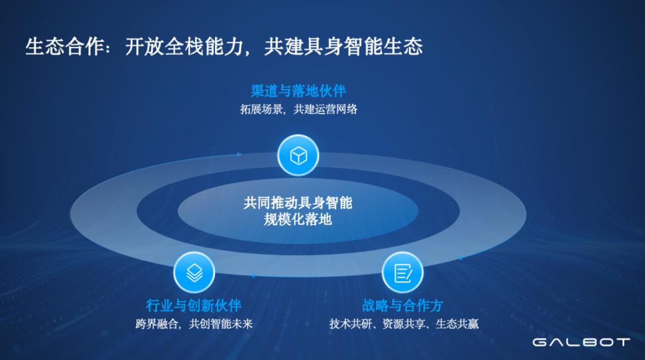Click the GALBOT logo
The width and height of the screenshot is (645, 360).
click(x=581, y=342)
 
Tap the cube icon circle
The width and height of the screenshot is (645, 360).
click(x=298, y=156)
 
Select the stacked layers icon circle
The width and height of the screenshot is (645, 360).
click(x=194, y=273)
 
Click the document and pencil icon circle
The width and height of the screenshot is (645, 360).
click(x=403, y=273)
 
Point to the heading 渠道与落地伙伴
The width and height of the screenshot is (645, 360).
click(x=298, y=91)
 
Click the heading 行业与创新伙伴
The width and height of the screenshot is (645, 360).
click(x=194, y=306)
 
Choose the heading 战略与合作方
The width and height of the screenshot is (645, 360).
click(x=403, y=306)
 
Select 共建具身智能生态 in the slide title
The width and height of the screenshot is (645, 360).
click(x=343, y=47)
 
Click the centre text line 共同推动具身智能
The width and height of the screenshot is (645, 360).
click(x=298, y=202)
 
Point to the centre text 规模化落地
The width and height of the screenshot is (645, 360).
click(x=298, y=219)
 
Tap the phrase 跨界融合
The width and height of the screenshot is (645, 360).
click(x=157, y=324)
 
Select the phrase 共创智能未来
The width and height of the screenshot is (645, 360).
click(x=222, y=324)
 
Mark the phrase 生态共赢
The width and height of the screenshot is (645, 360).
click(x=457, y=324)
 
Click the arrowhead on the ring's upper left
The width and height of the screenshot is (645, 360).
click(x=239, y=155)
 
